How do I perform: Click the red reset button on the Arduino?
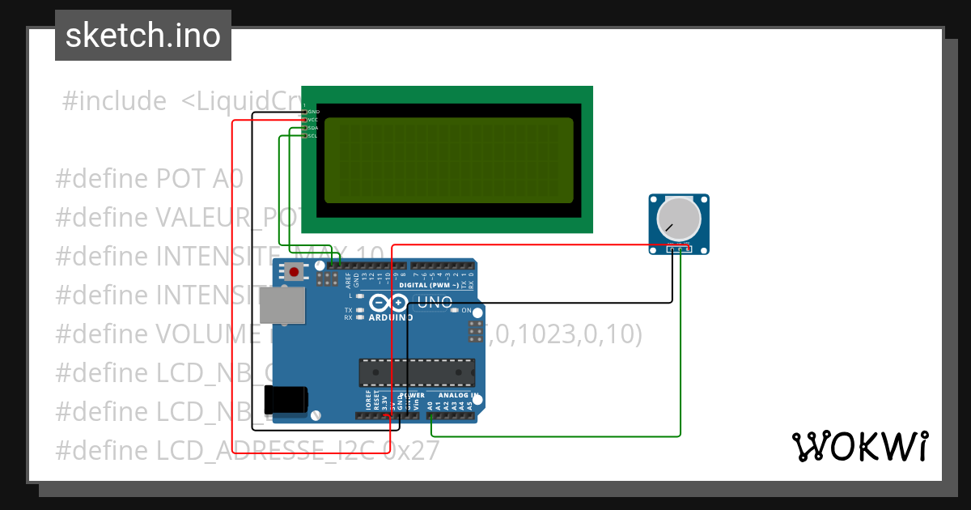294,273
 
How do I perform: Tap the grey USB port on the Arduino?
282,304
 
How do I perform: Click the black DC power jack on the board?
286,399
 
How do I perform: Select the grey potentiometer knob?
678,219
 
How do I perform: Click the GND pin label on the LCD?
313,111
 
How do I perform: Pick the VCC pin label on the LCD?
313,119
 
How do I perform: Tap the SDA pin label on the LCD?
313,128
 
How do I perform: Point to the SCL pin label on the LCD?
313,136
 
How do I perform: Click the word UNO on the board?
434,304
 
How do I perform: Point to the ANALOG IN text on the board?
458,396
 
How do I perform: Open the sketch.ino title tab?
143,36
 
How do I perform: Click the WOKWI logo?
859,446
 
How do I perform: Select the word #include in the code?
114,101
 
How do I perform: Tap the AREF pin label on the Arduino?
349,280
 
